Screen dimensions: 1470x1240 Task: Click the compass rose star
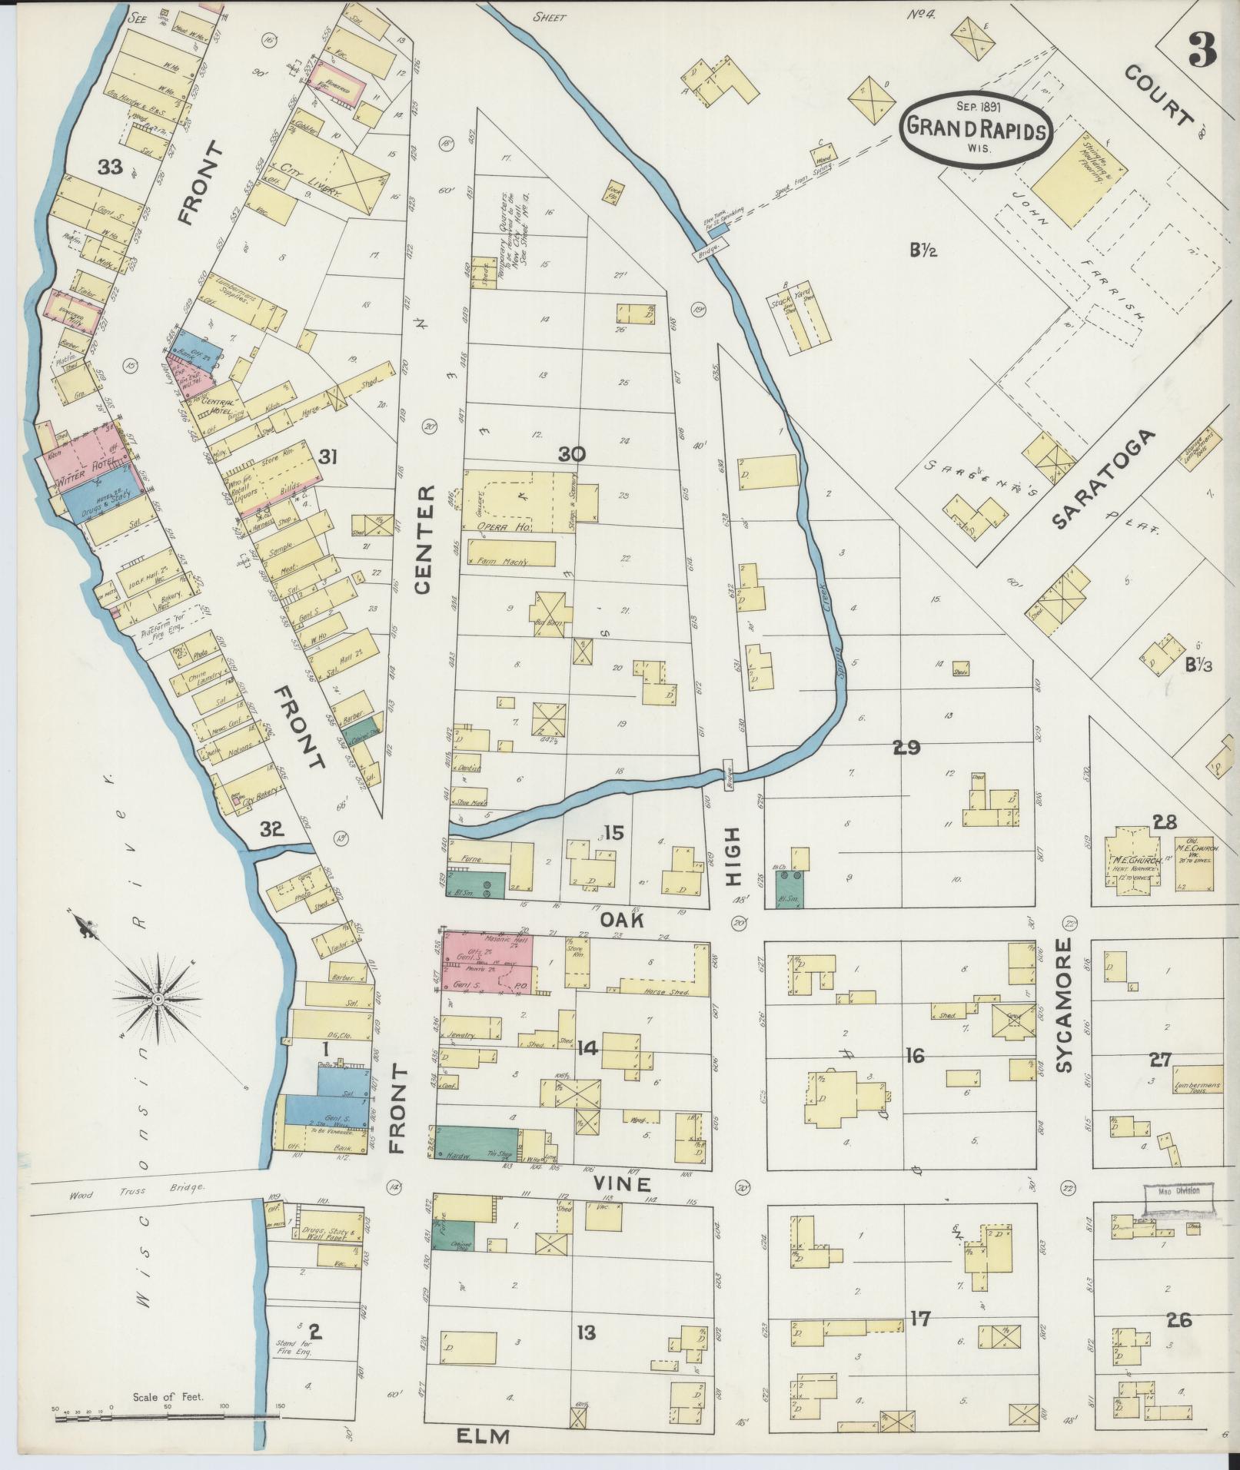pyautogui.click(x=157, y=998)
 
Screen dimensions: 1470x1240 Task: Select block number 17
pyautogui.click(x=919, y=1319)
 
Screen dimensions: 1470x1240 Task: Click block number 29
pyautogui.click(x=906, y=747)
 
